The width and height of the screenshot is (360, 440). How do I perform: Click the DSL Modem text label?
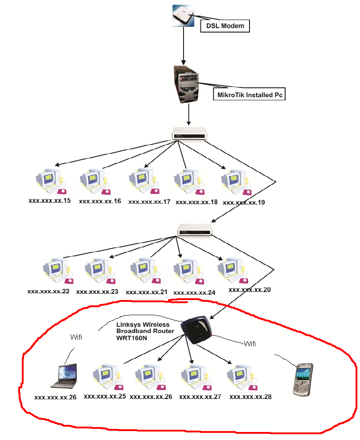(225, 26)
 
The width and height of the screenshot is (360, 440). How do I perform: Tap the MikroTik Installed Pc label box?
(250, 95)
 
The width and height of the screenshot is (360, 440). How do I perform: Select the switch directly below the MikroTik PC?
(189, 133)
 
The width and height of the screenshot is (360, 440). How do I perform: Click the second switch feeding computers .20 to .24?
(195, 230)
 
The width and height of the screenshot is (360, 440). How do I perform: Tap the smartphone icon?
(303, 379)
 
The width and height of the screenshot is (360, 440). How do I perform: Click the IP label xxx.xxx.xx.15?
(49, 201)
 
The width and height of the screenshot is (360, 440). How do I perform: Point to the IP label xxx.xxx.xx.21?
(147, 292)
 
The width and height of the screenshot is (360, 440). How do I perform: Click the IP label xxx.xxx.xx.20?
(250, 289)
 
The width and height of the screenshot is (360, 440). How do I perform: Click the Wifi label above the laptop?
(77, 337)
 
